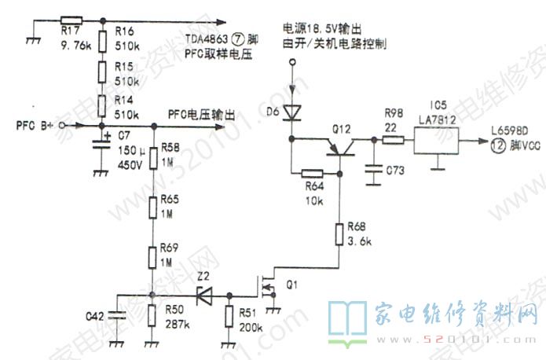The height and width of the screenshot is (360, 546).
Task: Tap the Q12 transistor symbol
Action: coord(339,146)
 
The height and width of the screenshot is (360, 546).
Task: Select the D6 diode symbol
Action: coord(292,112)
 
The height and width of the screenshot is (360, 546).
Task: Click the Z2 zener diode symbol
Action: coord(203,296)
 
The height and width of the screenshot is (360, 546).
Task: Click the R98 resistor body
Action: coord(393,141)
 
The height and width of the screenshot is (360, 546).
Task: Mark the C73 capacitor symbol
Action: coord(370,167)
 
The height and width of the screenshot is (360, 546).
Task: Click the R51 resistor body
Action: coord(229,314)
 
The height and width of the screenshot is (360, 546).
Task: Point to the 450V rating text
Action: coord(129,165)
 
